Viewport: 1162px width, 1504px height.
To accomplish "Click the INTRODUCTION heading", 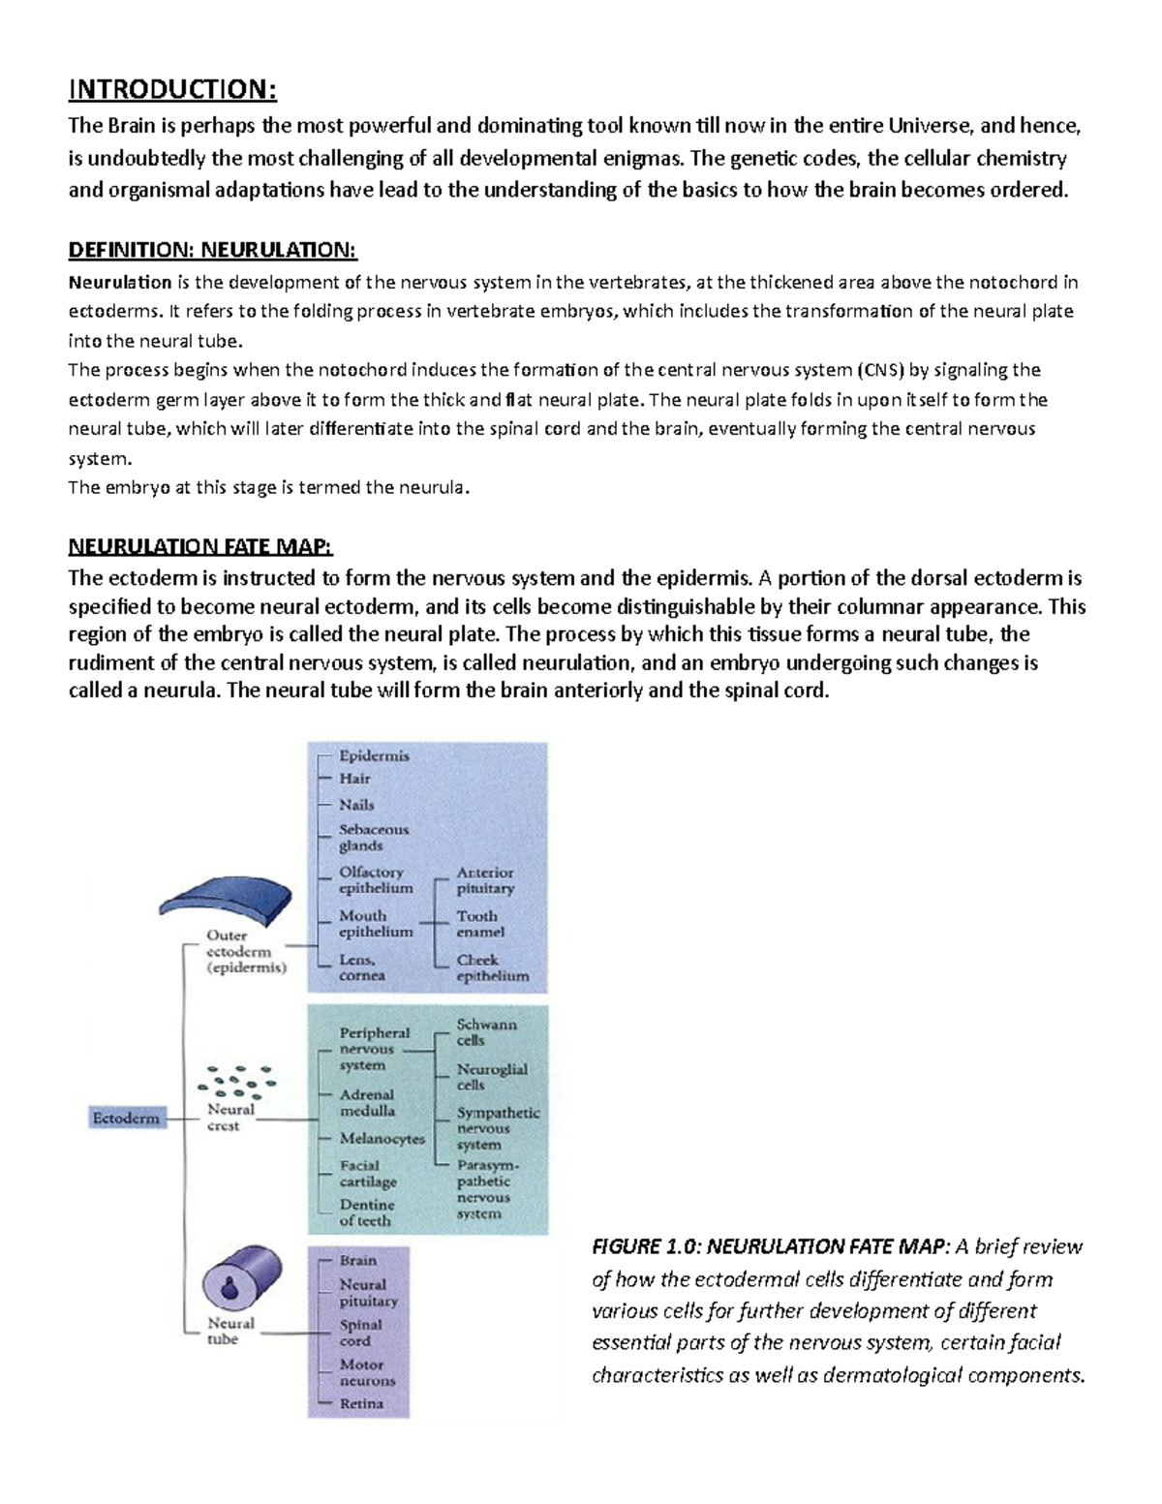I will point(171,90).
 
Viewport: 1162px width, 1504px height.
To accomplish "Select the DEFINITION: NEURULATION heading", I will point(212,251).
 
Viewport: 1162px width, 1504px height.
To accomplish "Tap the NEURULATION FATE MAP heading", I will point(199,547).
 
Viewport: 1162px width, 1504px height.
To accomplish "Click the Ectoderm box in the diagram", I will point(126,1119).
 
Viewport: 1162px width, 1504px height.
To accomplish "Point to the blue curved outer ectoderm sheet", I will point(225,901).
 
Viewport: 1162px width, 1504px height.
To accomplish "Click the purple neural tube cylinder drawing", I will point(241,1278).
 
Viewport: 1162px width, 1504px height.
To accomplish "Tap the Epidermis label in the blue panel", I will point(374,755).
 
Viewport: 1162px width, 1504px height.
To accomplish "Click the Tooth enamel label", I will point(480,924).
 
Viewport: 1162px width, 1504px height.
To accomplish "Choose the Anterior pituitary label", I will point(485,880).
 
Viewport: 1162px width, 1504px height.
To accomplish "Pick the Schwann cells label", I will point(486,1032).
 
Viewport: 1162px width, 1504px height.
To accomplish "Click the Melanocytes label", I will point(382,1139).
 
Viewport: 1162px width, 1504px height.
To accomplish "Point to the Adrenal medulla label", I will point(367,1103).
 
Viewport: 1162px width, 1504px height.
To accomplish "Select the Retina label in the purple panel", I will point(361,1403).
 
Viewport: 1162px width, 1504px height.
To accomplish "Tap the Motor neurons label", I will point(367,1372).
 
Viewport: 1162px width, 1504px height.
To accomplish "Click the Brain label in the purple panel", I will point(357,1261).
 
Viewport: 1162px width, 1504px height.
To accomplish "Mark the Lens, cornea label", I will point(362,967).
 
